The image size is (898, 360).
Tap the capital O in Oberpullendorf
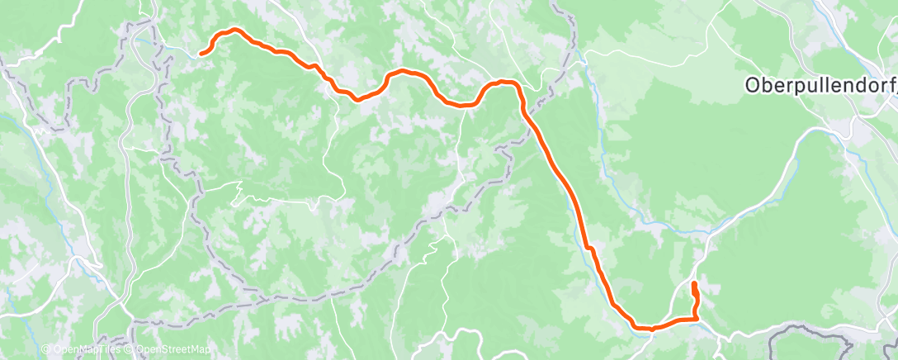[x=752, y=85]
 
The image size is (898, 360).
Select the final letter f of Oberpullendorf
[x=891, y=85]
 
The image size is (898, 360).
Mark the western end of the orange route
[x=201, y=54]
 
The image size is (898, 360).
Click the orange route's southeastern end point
[x=693, y=285]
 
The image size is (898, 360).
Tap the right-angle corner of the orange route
[x=697, y=318]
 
